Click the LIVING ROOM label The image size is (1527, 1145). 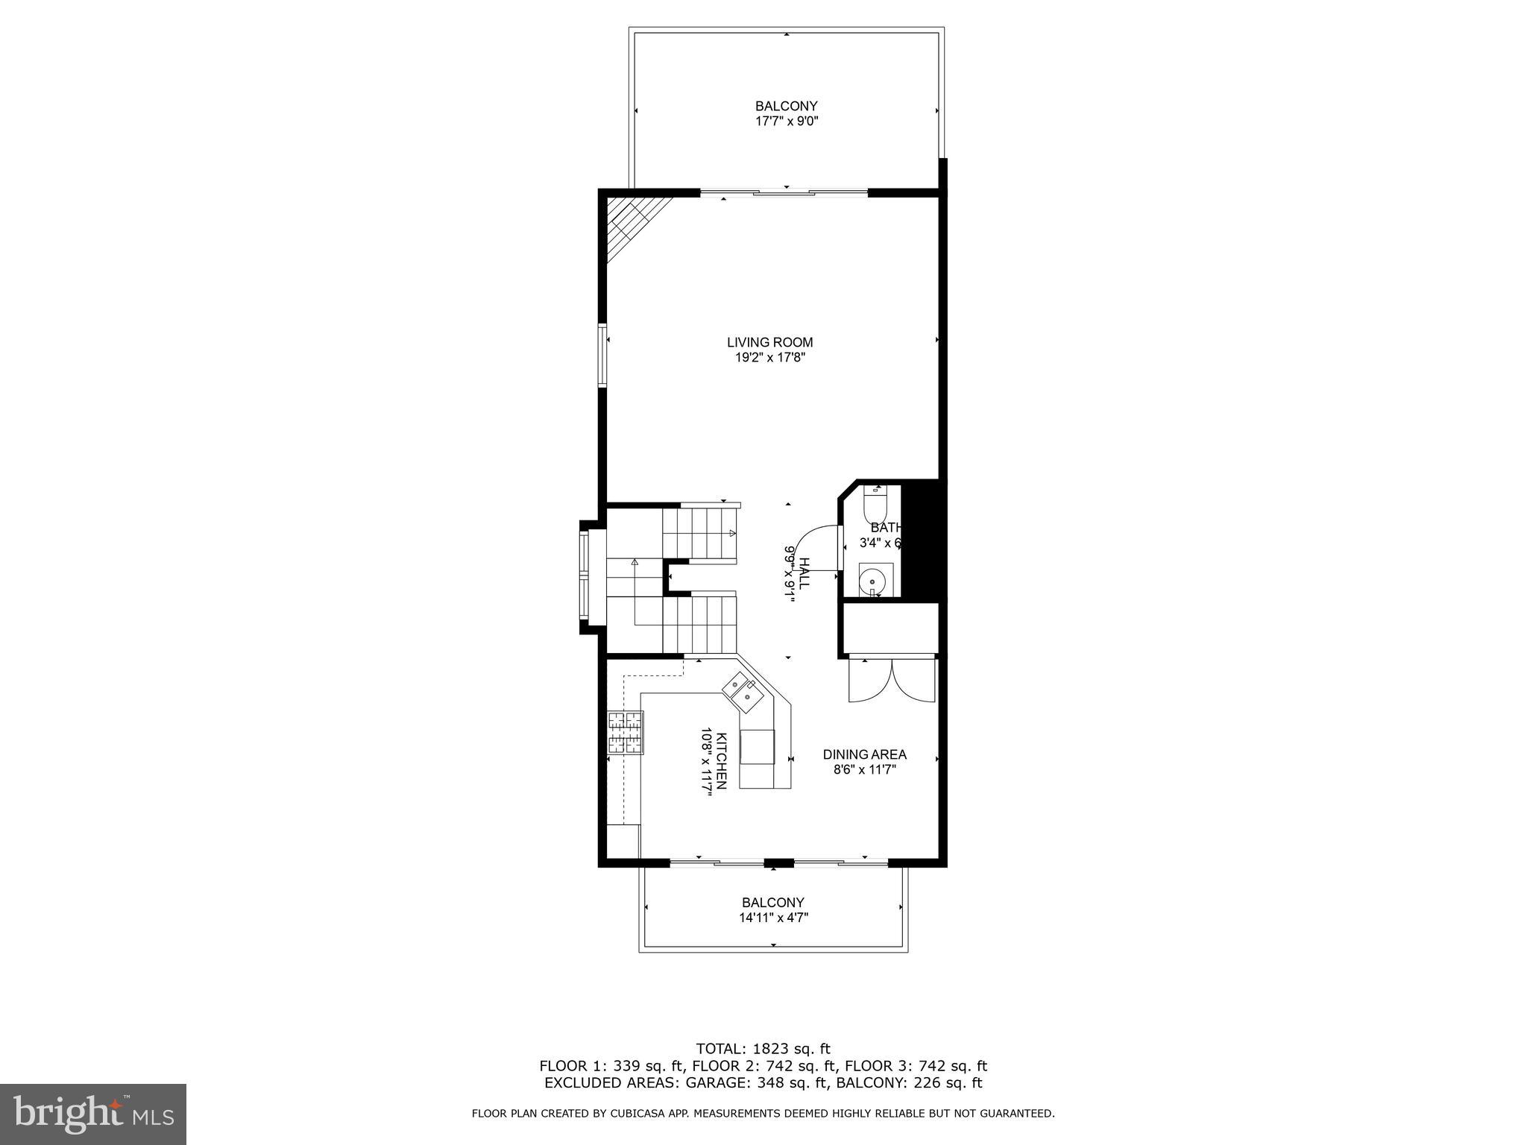pyautogui.click(x=769, y=342)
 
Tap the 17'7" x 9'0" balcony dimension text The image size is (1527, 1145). pyautogui.click(x=787, y=122)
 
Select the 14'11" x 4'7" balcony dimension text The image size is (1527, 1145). pyautogui.click(x=773, y=918)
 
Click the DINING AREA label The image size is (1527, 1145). pyautogui.click(x=864, y=754)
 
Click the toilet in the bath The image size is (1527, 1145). pyautogui.click(x=874, y=506)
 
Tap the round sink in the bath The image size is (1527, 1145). pyautogui.click(x=871, y=579)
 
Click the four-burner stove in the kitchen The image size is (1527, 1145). pyautogui.click(x=625, y=732)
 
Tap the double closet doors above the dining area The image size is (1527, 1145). pyautogui.click(x=891, y=680)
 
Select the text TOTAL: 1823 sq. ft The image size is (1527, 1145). pyautogui.click(x=763, y=1049)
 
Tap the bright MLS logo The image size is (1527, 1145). pyautogui.click(x=93, y=1114)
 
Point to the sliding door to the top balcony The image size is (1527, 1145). pyautogui.click(x=784, y=193)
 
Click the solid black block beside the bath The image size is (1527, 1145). pyautogui.click(x=922, y=540)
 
